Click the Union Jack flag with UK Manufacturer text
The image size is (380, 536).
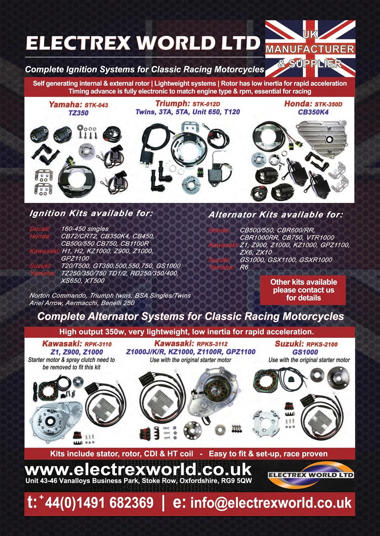pyautogui.click(x=310, y=49)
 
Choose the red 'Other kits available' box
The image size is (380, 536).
pyautogui.click(x=303, y=290)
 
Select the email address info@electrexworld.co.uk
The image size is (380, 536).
pyautogui.click(x=271, y=503)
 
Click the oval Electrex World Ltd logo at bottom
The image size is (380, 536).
pyautogui.click(x=311, y=475)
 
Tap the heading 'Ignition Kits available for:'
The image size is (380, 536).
pyautogui.click(x=91, y=213)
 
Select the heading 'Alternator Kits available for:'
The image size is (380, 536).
pyautogui.click(x=276, y=215)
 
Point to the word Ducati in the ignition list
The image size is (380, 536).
pyautogui.click(x=40, y=229)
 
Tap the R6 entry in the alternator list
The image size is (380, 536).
pyautogui.click(x=245, y=267)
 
